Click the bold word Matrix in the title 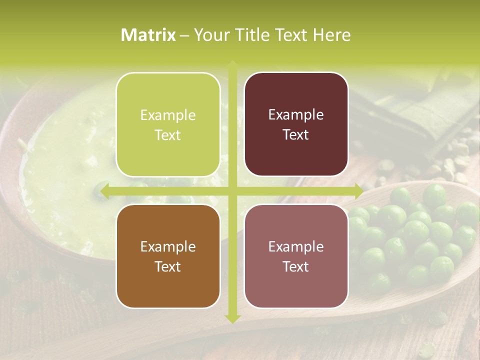[148, 35]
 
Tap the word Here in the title [331, 35]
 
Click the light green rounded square [168, 124]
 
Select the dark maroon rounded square [296, 124]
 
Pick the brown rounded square [168, 256]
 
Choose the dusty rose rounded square [296, 256]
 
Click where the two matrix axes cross [232, 191]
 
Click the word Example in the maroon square [296, 115]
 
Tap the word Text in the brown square [168, 266]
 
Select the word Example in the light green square [168, 115]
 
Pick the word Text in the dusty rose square [296, 266]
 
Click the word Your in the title [210, 35]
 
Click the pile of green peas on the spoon [415, 235]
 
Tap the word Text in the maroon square [296, 134]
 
